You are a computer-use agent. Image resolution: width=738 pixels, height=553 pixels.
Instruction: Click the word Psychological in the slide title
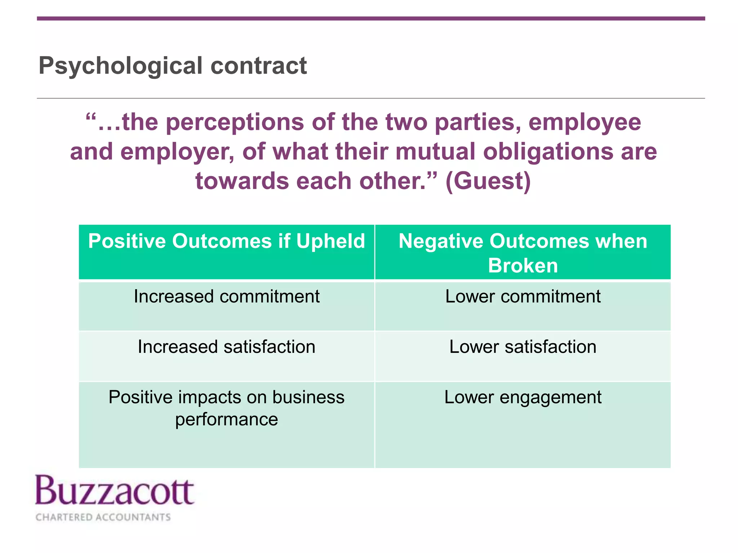(x=121, y=66)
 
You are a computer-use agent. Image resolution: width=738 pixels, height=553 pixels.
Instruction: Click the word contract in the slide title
(x=258, y=66)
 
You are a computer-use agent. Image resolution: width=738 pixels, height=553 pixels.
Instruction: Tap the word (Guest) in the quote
(x=488, y=181)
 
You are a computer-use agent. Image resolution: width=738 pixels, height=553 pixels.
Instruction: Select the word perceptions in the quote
(x=235, y=122)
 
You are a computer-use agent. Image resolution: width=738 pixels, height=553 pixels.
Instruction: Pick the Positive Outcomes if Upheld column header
(x=226, y=241)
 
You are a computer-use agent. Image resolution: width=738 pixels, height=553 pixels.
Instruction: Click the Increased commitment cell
(x=226, y=297)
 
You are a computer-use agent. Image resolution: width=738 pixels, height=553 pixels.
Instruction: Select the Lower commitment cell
(x=523, y=297)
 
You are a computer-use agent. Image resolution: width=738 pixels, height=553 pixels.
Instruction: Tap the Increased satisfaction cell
(x=226, y=347)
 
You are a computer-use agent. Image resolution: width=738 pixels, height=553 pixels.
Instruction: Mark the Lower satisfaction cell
(x=523, y=347)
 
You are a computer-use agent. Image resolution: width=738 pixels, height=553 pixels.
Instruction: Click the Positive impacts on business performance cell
(x=226, y=408)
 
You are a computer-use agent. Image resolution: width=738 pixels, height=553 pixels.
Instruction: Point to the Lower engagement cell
(x=523, y=397)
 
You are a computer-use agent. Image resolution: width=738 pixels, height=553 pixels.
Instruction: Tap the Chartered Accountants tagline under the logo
(x=103, y=517)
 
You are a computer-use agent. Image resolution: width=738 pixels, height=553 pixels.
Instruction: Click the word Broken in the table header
(x=523, y=266)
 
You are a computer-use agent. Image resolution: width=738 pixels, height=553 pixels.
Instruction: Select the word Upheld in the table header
(x=330, y=241)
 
